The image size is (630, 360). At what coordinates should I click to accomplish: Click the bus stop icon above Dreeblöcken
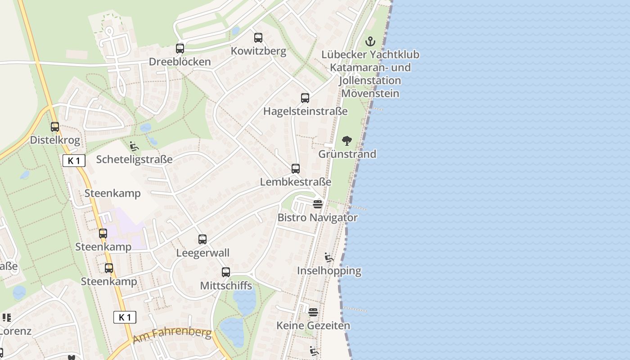(180, 49)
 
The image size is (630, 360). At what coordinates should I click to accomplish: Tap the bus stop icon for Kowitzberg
(258, 38)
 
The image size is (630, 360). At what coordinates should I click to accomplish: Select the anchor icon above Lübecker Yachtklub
(370, 42)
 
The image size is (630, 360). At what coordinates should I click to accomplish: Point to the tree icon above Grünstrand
(346, 141)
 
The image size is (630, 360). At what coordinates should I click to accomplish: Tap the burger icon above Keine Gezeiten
(313, 312)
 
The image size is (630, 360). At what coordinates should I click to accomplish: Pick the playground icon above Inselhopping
(329, 257)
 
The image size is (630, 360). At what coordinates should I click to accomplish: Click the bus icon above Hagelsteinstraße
(305, 98)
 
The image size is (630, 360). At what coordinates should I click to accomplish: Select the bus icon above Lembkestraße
(296, 169)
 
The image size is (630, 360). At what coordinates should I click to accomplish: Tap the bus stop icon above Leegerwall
(202, 239)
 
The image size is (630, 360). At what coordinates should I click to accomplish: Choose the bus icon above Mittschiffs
(226, 272)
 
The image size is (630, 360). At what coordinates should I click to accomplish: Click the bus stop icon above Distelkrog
(55, 127)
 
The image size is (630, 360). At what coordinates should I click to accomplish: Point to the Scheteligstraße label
(134, 159)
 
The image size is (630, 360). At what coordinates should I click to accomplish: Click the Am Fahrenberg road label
(173, 335)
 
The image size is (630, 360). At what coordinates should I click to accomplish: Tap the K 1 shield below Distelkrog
(74, 161)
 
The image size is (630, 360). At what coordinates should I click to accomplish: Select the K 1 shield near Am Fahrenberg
(125, 317)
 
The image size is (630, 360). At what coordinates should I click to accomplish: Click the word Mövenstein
(370, 94)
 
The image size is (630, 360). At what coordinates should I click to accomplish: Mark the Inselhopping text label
(329, 271)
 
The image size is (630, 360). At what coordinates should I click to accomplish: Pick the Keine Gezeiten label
(313, 325)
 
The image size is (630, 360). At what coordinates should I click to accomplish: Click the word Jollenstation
(370, 81)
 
